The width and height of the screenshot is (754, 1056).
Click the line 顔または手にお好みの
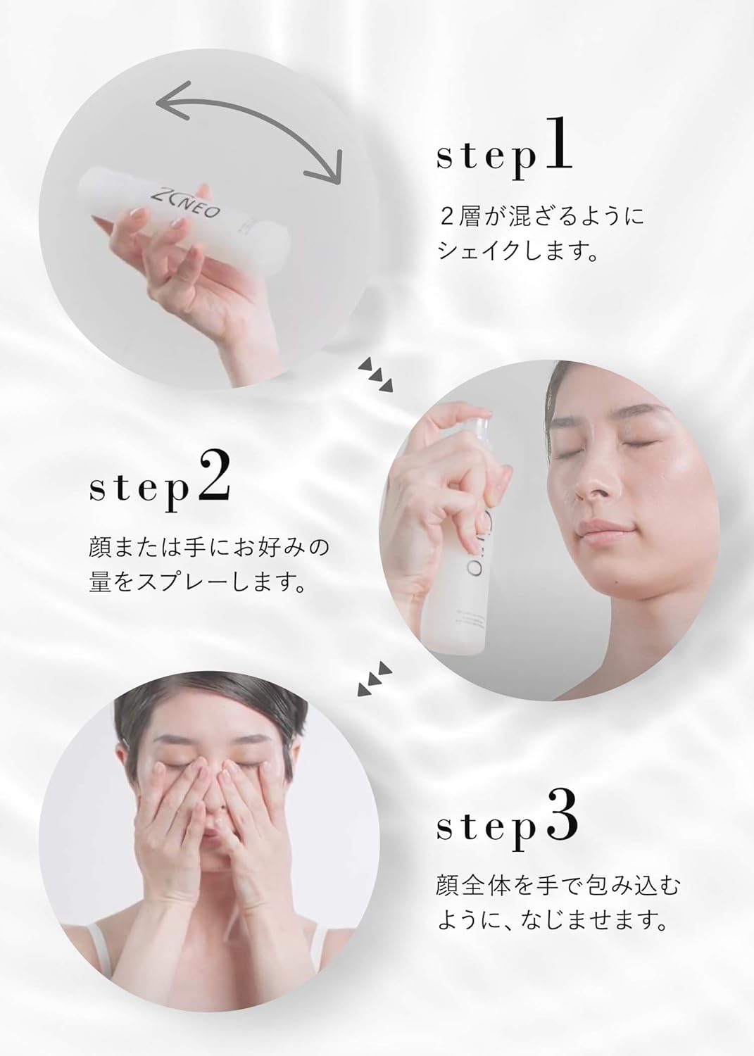pos(208,548)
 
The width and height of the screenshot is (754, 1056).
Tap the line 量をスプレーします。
pos(195,584)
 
